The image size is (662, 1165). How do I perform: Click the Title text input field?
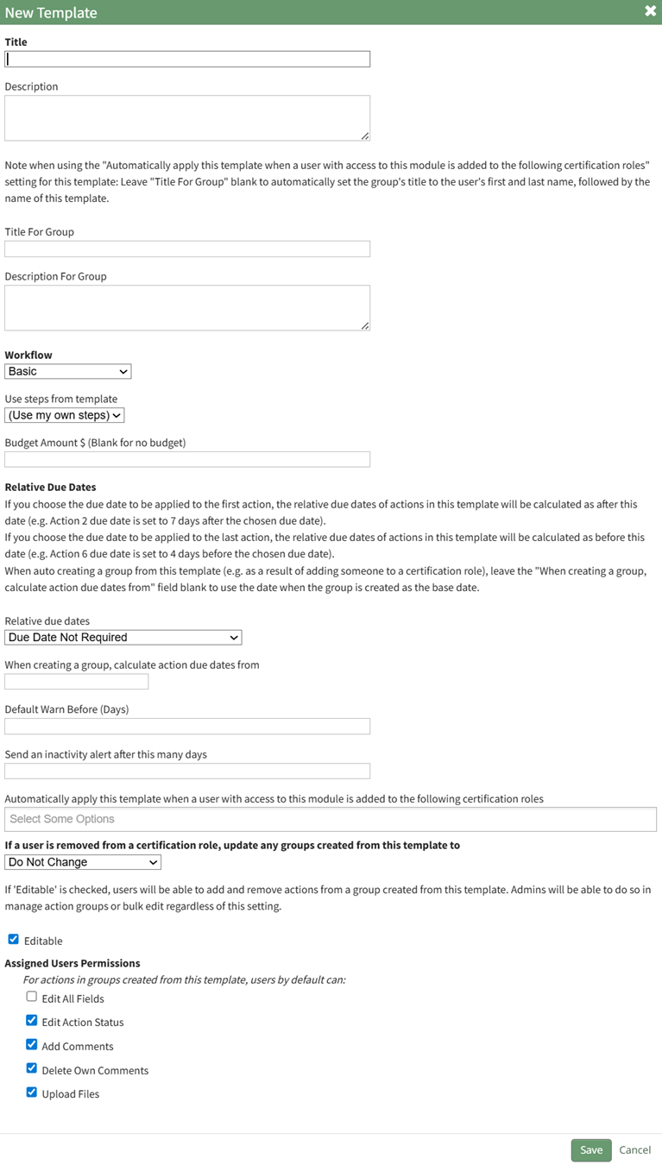[x=187, y=60]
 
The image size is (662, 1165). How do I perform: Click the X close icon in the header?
[x=650, y=11]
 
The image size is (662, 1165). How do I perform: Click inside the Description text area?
[x=187, y=117]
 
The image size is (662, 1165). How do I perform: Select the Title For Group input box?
[x=187, y=249]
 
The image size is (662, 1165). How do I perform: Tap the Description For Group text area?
[x=187, y=307]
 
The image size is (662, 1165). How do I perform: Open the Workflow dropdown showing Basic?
[x=68, y=371]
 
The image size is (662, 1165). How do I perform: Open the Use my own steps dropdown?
[x=65, y=415]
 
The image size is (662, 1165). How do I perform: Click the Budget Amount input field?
[x=187, y=459]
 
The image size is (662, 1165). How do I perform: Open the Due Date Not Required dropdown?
[x=123, y=637]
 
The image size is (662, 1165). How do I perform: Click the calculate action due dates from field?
[x=77, y=682]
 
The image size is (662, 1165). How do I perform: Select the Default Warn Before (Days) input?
[x=187, y=727]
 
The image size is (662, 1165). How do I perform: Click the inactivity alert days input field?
[x=187, y=771]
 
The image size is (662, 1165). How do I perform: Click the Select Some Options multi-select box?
[x=331, y=819]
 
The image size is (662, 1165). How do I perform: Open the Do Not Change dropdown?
[x=83, y=862]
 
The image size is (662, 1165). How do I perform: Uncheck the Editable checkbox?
[x=13, y=940]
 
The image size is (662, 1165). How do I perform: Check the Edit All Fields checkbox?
[x=32, y=997]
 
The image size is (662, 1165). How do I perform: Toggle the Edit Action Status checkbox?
[x=32, y=1020]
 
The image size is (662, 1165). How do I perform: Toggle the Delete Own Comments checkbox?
[x=32, y=1068]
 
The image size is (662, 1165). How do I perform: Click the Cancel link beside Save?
[x=634, y=1149]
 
